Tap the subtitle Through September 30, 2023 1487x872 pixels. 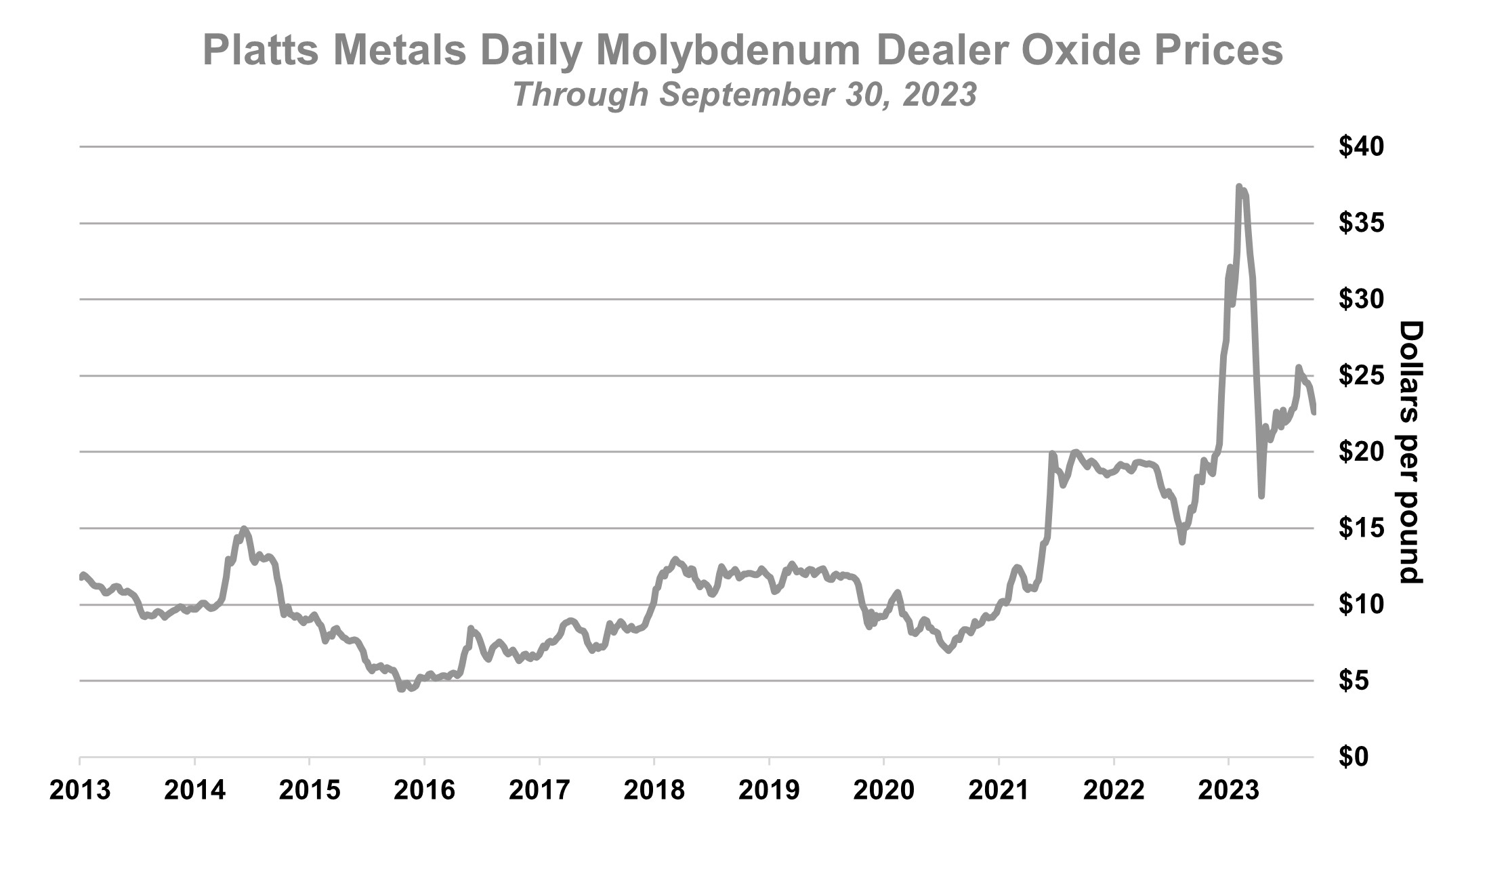tap(745, 95)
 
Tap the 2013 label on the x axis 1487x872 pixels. tap(80, 791)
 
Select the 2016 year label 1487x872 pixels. tap(424, 791)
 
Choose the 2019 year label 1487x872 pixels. tap(769, 791)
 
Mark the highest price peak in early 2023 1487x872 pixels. tap(1238, 186)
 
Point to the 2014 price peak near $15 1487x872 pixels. tap(244, 528)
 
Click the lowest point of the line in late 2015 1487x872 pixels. tap(401, 689)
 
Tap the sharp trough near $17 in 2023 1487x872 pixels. tap(1261, 496)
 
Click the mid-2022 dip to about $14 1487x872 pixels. tap(1181, 542)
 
